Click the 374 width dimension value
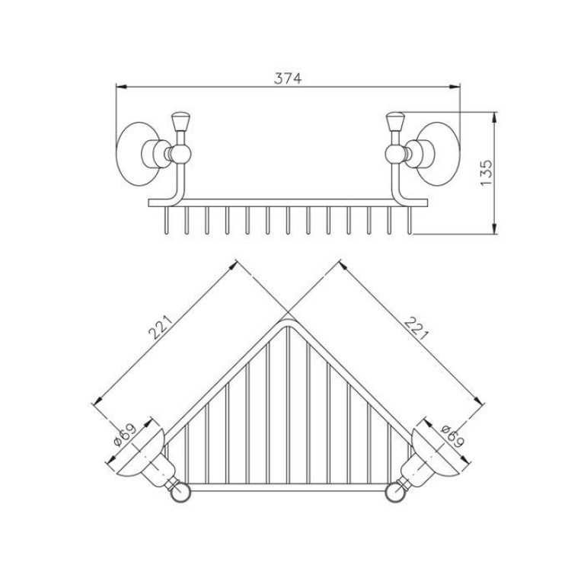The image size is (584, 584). click(x=288, y=78)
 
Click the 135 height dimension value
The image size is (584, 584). click(x=487, y=173)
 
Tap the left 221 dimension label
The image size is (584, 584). click(x=161, y=327)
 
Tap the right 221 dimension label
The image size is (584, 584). click(x=416, y=328)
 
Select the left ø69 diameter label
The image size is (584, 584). click(x=125, y=435)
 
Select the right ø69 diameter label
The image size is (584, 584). click(x=453, y=436)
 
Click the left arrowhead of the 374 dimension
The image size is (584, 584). click(x=121, y=87)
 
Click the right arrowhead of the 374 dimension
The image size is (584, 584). click(x=455, y=87)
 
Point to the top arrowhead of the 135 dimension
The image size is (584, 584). click(x=494, y=118)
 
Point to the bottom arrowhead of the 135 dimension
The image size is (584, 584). click(x=494, y=228)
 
